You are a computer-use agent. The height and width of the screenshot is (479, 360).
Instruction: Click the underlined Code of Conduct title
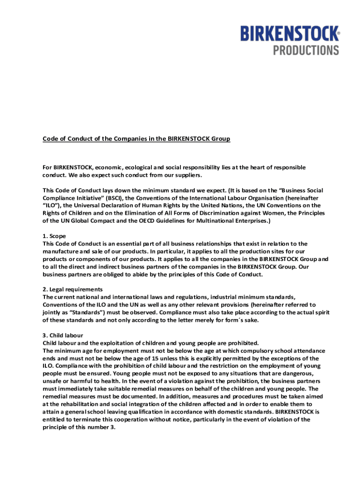pyautogui.click(x=137, y=139)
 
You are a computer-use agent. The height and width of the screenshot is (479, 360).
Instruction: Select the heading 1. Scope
pyautogui.click(x=54, y=236)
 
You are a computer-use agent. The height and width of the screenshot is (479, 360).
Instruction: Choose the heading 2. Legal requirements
pyautogui.click(x=72, y=290)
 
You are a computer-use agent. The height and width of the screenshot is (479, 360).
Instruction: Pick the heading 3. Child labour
pyautogui.click(x=63, y=335)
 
